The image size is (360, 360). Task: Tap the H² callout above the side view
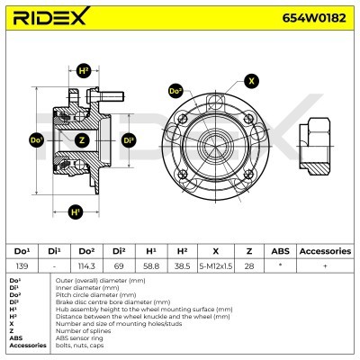84,70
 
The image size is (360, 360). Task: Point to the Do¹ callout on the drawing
37,140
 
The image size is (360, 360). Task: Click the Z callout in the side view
82,140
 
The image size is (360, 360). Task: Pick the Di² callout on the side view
128,140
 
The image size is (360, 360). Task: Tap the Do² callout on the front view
175,91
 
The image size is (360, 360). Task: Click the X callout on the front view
251,80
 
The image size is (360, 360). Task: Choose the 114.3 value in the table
86,266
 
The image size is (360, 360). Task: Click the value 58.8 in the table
151,266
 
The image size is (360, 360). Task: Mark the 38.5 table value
183,266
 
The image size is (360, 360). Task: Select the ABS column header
283,251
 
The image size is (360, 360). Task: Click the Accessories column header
324,251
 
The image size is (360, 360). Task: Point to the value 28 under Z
250,266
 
